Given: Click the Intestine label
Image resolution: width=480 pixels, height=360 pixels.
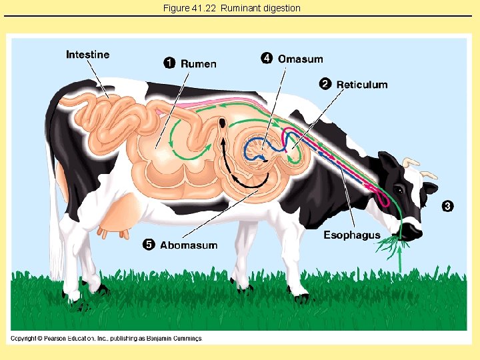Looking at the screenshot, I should (x=87, y=55).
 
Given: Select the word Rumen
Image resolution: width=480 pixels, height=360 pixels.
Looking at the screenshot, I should (x=198, y=63).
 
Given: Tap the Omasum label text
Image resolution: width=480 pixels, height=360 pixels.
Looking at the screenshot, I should (x=300, y=59).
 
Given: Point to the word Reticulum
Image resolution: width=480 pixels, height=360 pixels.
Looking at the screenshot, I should (x=361, y=84).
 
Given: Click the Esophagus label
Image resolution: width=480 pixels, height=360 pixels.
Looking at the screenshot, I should (x=352, y=235).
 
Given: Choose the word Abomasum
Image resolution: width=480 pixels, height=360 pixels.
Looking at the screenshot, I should (x=189, y=245).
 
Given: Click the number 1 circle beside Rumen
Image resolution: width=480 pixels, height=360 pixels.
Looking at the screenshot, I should (x=170, y=63).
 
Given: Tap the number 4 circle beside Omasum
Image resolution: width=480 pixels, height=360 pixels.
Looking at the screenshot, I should (x=267, y=59).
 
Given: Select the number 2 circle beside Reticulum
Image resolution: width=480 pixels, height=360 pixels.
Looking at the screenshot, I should (x=325, y=84).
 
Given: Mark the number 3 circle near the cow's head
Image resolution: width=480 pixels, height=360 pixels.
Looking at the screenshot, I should (x=447, y=206).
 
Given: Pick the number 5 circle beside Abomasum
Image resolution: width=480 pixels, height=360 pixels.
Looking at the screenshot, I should (x=149, y=245).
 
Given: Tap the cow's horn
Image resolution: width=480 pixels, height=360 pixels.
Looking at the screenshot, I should (x=411, y=162).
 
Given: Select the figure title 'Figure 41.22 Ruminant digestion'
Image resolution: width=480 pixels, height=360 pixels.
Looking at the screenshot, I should (x=231, y=8).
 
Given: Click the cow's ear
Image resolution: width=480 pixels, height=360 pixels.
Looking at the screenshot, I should (x=387, y=163).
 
